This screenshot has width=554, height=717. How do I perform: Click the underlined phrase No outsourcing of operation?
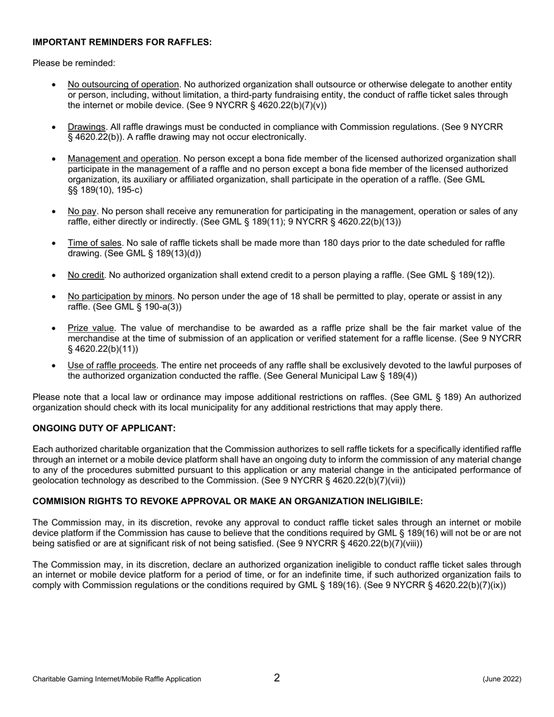point(123,85)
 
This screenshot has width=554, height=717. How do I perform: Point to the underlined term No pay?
point(82,212)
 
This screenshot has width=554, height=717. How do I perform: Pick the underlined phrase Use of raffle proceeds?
point(112,365)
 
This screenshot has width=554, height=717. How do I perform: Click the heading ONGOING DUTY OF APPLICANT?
point(104,428)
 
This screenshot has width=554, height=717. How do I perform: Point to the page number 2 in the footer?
point(277,678)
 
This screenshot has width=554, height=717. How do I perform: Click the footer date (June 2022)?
point(502,679)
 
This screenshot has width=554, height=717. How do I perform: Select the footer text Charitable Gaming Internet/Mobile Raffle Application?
point(117,679)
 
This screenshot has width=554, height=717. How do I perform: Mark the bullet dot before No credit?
point(54,275)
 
